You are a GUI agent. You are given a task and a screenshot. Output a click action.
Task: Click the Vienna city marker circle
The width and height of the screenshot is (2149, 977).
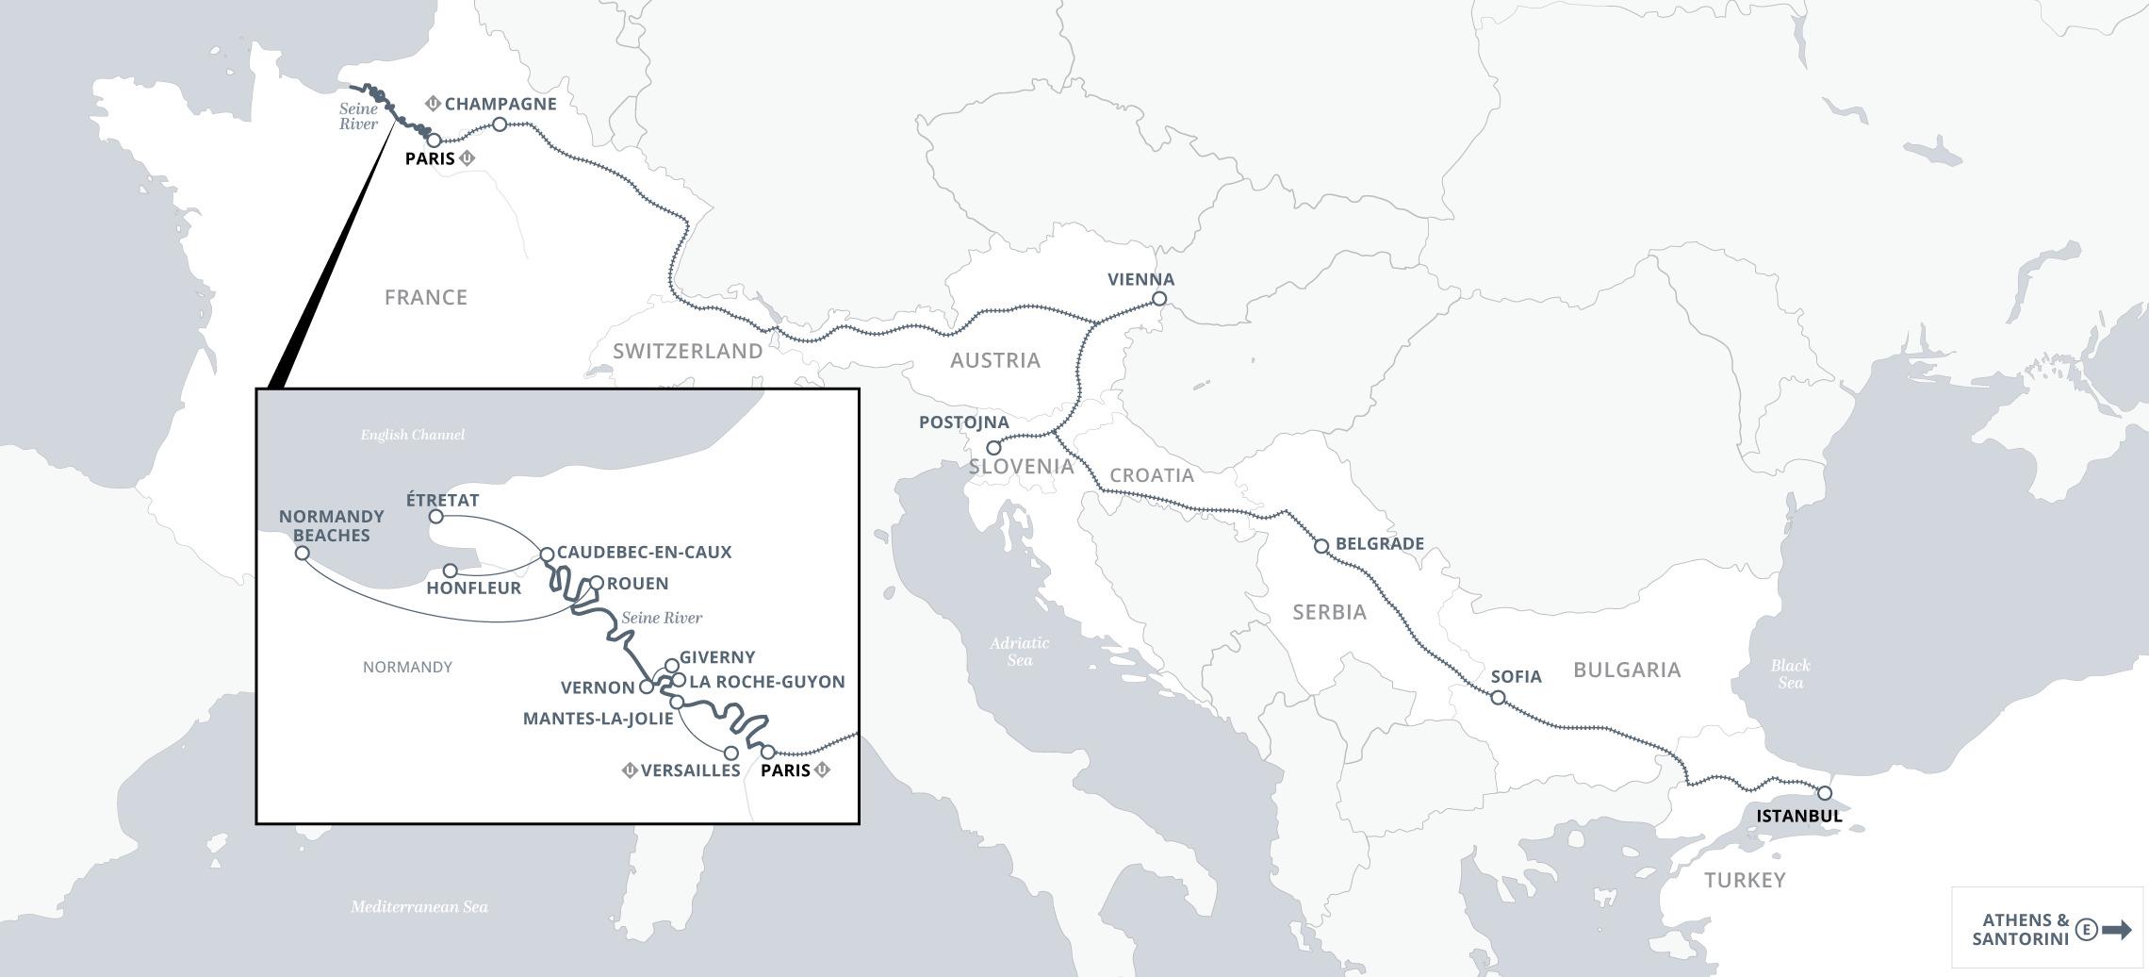coord(1159,299)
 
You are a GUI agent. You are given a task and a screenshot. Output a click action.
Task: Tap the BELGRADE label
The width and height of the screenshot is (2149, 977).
coord(1380,544)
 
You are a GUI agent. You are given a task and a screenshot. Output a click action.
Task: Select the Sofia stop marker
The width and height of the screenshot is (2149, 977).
coord(1498,698)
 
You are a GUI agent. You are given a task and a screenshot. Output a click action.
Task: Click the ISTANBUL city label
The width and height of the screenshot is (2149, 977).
coord(1799,816)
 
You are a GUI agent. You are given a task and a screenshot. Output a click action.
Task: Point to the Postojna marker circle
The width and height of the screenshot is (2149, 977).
coord(992,448)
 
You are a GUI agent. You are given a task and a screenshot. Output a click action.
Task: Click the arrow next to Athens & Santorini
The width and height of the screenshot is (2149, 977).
coord(2117,930)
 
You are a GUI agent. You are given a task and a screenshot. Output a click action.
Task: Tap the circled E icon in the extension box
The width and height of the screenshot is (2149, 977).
coord(2087,930)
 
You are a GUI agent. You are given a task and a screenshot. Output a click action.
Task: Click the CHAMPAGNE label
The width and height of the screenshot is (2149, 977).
coord(500,104)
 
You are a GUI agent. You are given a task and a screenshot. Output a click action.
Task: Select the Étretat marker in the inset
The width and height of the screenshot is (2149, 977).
coord(436,517)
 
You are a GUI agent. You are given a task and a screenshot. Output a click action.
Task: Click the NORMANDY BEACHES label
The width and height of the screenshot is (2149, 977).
coord(332,526)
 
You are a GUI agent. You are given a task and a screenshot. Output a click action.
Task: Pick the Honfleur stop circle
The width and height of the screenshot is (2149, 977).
coord(451,571)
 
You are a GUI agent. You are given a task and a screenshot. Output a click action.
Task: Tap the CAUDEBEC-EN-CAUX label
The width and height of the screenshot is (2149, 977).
coord(644,553)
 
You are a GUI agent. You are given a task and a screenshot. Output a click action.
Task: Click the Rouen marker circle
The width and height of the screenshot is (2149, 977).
coord(596,583)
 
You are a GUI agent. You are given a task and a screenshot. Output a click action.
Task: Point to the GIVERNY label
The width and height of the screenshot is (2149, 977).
coord(717,657)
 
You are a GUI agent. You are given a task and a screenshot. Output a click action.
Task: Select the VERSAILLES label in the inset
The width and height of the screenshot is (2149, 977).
coord(690,770)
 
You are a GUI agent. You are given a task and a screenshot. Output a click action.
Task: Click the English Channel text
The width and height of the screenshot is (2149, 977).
coord(413,435)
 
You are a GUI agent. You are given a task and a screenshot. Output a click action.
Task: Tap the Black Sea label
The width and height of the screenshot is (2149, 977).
coord(1790,674)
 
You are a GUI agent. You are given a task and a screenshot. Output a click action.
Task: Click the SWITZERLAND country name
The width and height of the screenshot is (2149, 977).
coord(688,352)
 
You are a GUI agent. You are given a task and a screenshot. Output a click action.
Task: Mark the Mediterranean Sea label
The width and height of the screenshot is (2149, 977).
coord(419,907)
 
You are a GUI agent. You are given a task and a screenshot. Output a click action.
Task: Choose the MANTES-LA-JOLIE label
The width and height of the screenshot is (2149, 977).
coord(598,719)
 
